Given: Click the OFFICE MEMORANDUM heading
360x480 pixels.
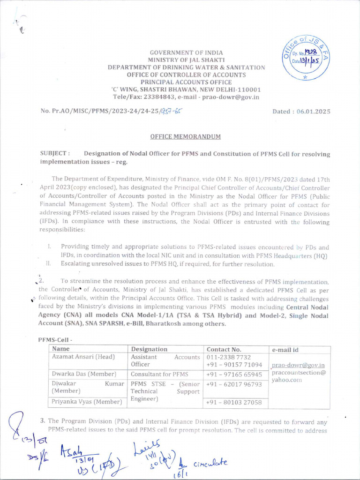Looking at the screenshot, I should [185, 136].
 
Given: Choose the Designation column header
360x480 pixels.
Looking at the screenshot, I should [149, 349].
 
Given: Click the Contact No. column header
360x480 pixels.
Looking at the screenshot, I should [224, 349].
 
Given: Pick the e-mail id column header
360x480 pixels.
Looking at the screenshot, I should [285, 350].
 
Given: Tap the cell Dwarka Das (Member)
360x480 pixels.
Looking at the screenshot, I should [84, 375].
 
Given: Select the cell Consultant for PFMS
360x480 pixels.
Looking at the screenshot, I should [159, 375].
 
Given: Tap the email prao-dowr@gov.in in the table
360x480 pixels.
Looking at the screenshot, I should [298, 365].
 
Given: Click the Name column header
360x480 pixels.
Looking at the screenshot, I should [61, 349].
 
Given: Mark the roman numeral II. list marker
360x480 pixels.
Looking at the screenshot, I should [48, 264].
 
